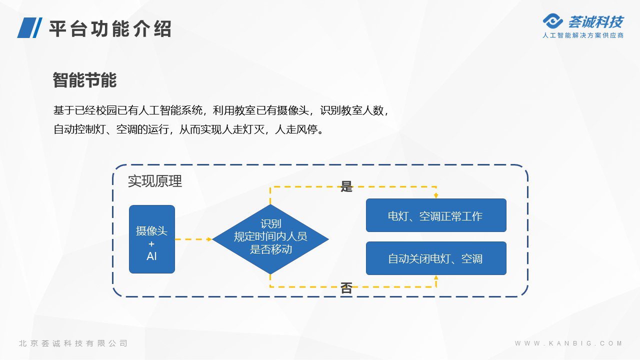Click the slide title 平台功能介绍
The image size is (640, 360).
[x=110, y=28]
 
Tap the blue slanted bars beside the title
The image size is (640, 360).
[x=29, y=27]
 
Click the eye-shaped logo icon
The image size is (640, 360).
[x=552, y=21]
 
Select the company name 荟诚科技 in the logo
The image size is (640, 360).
[x=595, y=22]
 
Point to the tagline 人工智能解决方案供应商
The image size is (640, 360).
[x=583, y=35]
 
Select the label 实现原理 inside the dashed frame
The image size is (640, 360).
[x=155, y=181]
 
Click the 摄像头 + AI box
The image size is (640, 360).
[x=152, y=239]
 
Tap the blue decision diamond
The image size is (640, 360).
[x=270, y=239]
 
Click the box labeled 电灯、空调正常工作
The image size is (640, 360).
[x=436, y=215]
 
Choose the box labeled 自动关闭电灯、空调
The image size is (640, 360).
[x=436, y=258]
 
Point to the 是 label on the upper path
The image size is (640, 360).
[x=346, y=186]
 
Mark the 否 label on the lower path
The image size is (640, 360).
[x=346, y=287]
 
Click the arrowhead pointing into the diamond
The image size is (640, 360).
[x=209, y=239]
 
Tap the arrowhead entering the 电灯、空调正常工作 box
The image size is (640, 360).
[x=436, y=195]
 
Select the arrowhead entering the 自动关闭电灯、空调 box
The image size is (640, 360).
[x=436, y=277]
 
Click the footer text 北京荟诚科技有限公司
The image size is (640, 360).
[x=73, y=343]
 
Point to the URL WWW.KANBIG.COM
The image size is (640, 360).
[x=568, y=343]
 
